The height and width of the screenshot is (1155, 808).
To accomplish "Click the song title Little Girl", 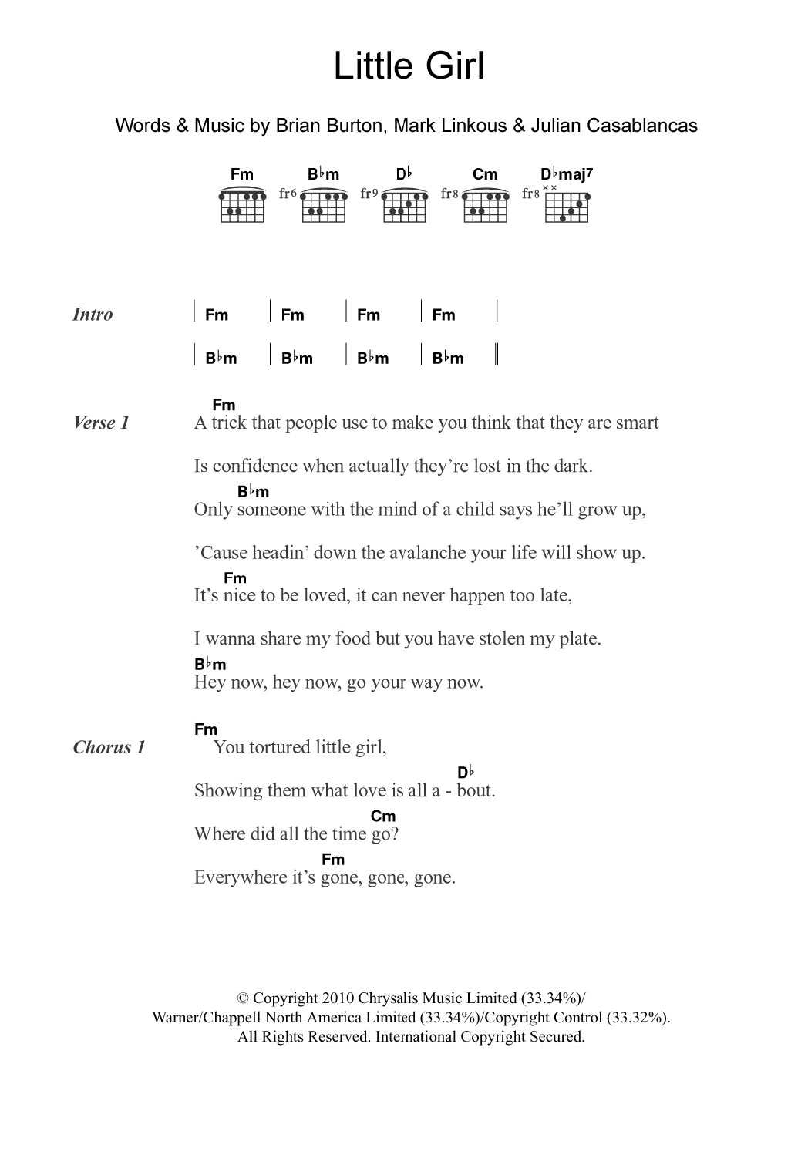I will pos(409,67).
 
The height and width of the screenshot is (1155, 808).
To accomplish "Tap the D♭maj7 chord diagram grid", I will pos(567,206).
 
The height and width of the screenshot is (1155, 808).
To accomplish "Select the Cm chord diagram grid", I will pos(486,206).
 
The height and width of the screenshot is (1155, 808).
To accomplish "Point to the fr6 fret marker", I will pos(288,194).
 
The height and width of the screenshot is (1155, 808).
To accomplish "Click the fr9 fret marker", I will pos(369,194).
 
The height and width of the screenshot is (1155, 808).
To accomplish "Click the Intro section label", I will pos(93,315).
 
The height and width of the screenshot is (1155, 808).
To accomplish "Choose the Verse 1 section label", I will pos(101,423).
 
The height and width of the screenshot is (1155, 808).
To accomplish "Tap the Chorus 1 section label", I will pos(109,747).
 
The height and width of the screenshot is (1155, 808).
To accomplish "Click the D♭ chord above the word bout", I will pos(465,773).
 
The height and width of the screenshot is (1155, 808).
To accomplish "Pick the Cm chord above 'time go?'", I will pos(383,816).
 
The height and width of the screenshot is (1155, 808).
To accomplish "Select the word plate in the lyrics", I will pos(580,639).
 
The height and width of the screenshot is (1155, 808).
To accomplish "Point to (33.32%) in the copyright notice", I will pos(638,1017).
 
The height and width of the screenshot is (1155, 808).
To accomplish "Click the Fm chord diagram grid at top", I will pos(242,206).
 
